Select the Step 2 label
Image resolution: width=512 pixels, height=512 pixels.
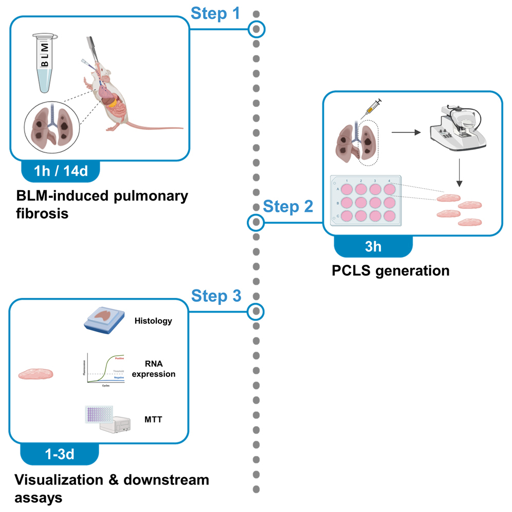pyautogui.click(x=288, y=207)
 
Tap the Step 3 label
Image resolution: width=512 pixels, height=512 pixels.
pyautogui.click(x=215, y=296)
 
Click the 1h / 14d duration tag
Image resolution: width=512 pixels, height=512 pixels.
pyautogui.click(x=62, y=171)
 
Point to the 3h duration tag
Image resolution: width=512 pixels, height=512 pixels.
pyautogui.click(x=373, y=246)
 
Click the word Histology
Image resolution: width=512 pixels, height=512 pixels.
pyautogui.click(x=153, y=321)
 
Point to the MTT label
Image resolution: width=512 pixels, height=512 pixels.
pyautogui.click(x=153, y=419)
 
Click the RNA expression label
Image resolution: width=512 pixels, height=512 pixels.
pyautogui.click(x=153, y=369)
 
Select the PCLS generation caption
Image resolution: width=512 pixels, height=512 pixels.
pyautogui.click(x=391, y=270)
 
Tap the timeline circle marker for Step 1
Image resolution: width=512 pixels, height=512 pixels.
pyautogui.click(x=257, y=29)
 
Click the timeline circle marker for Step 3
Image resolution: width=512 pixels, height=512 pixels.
pyautogui.click(x=256, y=312)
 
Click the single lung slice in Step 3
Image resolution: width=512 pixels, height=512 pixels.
pyautogui.click(x=36, y=373)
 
